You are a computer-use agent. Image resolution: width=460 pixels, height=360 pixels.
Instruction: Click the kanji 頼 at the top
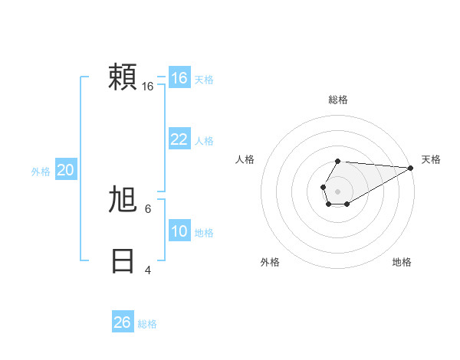pyautogui.click(x=123, y=77)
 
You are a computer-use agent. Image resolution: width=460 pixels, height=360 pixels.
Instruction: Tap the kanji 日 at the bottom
pyautogui.click(x=123, y=261)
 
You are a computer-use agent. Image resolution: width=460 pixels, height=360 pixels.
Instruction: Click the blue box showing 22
pyautogui.click(x=179, y=139)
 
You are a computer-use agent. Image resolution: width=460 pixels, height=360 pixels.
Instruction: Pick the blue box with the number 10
pyautogui.click(x=179, y=231)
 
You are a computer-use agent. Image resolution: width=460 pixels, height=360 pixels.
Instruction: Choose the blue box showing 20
pyautogui.click(x=65, y=170)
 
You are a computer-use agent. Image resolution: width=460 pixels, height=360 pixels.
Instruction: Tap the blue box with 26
pyautogui.click(x=123, y=322)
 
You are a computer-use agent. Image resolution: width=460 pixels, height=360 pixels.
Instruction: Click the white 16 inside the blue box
pyautogui.click(x=179, y=78)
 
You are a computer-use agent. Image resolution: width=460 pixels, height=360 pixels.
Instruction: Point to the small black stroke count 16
pyautogui.click(x=148, y=87)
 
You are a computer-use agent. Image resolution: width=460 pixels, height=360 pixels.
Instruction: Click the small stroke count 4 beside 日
pyautogui.click(x=147, y=270)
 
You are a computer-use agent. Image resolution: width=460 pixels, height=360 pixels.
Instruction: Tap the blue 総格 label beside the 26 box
pyautogui.click(x=147, y=324)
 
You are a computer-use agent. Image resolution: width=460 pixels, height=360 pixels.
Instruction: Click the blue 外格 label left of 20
pyautogui.click(x=41, y=172)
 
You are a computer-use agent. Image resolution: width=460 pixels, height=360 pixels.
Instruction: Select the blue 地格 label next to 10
pyautogui.click(x=204, y=233)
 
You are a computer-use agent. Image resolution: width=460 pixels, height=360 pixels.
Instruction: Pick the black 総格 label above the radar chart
pyautogui.click(x=337, y=100)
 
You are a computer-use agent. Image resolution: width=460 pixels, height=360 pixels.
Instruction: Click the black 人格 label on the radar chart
pyautogui.click(x=245, y=159)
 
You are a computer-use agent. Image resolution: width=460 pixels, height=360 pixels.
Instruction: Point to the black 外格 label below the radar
pyautogui.click(x=270, y=262)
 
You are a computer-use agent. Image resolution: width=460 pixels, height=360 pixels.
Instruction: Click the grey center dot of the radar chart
pyautogui.click(x=337, y=190)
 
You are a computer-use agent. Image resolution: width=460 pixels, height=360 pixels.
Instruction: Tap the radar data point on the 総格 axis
pyautogui.click(x=337, y=162)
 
